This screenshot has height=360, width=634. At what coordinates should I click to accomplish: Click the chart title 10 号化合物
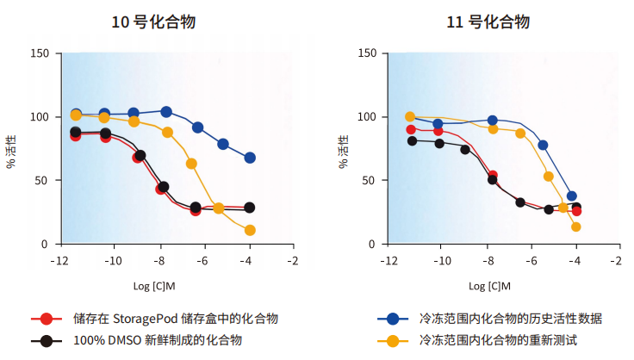(x=153, y=22)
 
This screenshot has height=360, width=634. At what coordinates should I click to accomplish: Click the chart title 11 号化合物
(x=488, y=22)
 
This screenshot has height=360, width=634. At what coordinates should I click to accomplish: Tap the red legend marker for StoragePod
(x=47, y=319)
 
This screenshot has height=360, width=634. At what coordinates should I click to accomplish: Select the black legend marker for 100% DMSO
(x=47, y=340)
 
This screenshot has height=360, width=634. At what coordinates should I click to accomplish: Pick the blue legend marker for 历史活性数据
(x=393, y=319)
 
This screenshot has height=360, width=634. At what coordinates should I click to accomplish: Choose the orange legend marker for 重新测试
(x=393, y=340)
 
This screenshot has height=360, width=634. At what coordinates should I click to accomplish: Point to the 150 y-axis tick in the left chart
(x=40, y=53)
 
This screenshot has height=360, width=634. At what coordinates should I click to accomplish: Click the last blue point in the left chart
(x=250, y=158)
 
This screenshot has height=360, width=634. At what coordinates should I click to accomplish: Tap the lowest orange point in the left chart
(x=250, y=230)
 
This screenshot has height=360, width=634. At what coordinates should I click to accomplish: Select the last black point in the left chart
(x=250, y=208)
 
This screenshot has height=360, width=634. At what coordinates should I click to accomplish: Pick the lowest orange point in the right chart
(x=575, y=227)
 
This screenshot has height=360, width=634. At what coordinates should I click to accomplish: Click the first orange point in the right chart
(x=410, y=116)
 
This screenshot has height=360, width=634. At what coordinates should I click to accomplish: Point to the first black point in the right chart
(x=412, y=140)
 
